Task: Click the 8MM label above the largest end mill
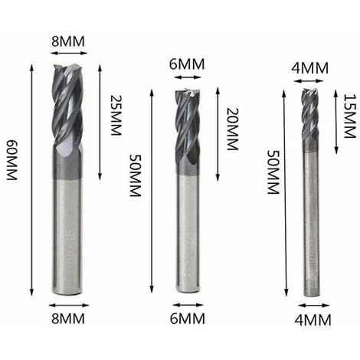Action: [x=68, y=41]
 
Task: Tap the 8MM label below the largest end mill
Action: [x=68, y=319]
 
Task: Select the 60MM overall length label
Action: [x=11, y=160]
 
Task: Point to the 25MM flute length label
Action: [x=116, y=115]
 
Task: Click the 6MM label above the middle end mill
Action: [x=187, y=64]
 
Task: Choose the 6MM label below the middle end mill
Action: [x=188, y=319]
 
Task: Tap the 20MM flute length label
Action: [x=232, y=129]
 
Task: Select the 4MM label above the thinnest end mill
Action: [x=309, y=68]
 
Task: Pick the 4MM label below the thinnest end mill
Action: [x=313, y=320]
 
